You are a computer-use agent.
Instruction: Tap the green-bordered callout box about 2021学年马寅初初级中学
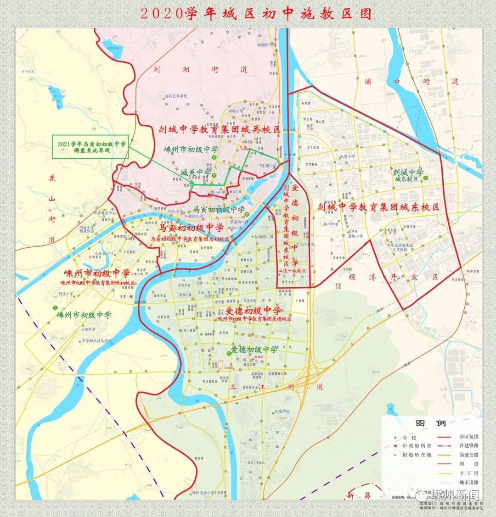[x=91, y=147]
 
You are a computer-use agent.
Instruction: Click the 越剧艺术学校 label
[x=176, y=96]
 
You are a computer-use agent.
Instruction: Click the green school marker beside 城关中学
[x=214, y=172]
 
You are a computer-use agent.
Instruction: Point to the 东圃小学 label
[x=268, y=166]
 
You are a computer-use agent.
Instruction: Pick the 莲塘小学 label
[x=355, y=236]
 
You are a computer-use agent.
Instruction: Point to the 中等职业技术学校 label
[x=96, y=341]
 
